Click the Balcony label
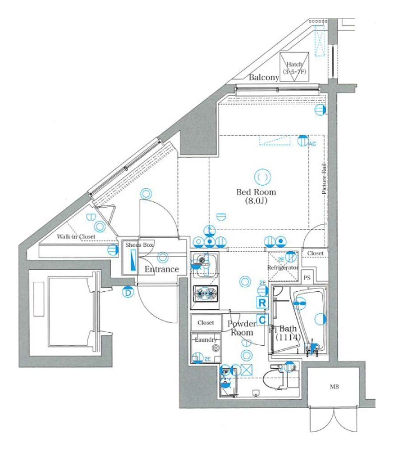[264, 77]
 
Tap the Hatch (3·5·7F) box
[293, 68]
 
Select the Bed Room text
[256, 191]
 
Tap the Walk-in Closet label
[76, 237]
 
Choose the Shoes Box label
[139, 245]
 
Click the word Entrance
[162, 269]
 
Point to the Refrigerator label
[282, 268]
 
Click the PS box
[307, 278]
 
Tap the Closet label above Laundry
[205, 323]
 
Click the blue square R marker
[262, 302]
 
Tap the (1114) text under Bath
[288, 337]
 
